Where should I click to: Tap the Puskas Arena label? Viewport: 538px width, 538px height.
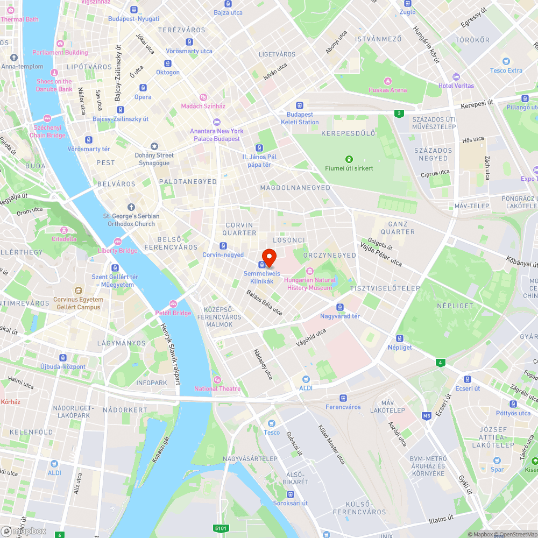coord(387,90)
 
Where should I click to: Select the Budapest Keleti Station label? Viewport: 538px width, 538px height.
coord(300,118)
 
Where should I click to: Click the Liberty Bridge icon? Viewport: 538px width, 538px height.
coord(118,242)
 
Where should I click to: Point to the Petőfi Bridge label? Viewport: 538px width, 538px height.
coord(173,313)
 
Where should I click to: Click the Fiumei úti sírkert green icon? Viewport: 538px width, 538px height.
coord(349,159)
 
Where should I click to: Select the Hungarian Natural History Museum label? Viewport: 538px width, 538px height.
coord(310,284)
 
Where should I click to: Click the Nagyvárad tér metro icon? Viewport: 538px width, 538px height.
coord(340,307)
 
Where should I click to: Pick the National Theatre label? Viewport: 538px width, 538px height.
coord(217,388)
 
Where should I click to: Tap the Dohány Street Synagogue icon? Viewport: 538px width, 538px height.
coord(154,146)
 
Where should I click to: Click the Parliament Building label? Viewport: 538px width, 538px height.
coord(60,52)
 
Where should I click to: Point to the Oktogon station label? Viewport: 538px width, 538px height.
coord(168,72)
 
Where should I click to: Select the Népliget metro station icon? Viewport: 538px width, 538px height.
coord(400,338)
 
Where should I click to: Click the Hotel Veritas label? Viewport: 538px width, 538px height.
coord(456,86)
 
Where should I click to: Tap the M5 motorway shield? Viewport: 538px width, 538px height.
coord(427,416)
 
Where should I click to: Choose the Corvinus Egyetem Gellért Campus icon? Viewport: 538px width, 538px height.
coord(79,291)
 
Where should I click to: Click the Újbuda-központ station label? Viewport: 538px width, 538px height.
coord(63,366)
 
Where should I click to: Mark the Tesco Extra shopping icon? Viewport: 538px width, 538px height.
coord(506,61)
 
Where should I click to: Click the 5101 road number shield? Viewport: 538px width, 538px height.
coord(221,528)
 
